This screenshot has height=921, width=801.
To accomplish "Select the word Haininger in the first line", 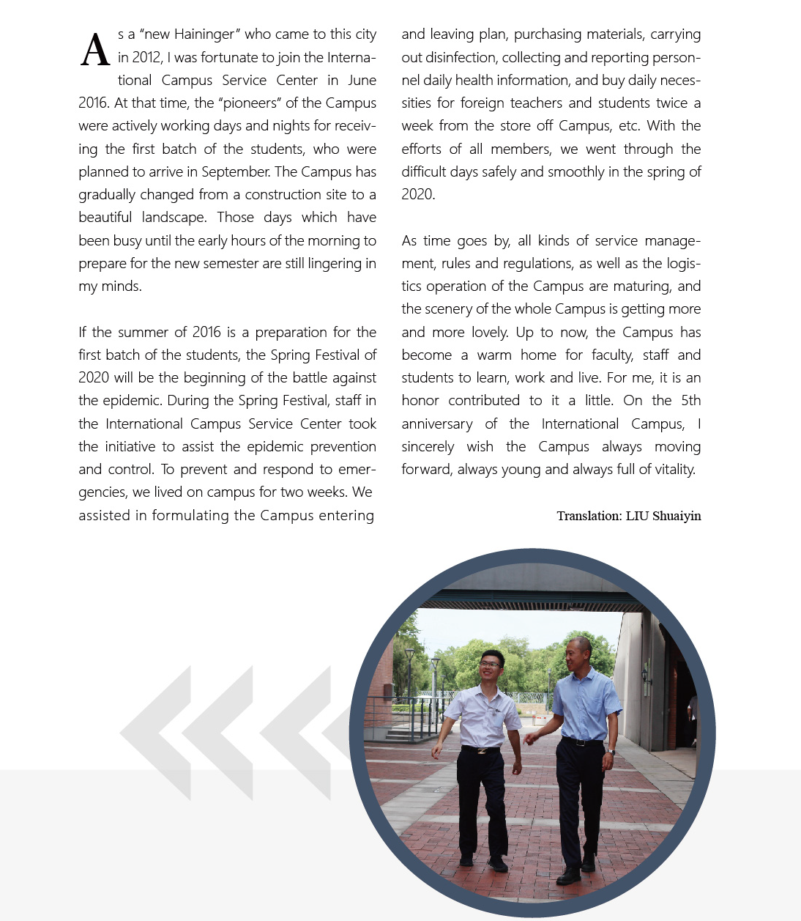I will [204, 34].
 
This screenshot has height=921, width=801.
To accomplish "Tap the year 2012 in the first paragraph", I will [147, 57].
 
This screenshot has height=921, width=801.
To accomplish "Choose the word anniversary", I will [437, 424].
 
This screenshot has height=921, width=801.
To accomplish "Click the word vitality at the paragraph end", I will [670, 470].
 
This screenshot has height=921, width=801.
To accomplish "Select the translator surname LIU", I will [637, 516].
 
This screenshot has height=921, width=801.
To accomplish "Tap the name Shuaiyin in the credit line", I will [677, 516].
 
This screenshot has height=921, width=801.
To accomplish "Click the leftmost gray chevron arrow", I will [155, 733].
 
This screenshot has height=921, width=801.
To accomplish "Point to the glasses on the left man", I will [491, 665].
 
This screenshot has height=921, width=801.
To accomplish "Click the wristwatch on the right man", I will [611, 751].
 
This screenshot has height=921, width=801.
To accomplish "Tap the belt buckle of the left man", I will [481, 750].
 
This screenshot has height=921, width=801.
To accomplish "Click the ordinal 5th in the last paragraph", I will [690, 401].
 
